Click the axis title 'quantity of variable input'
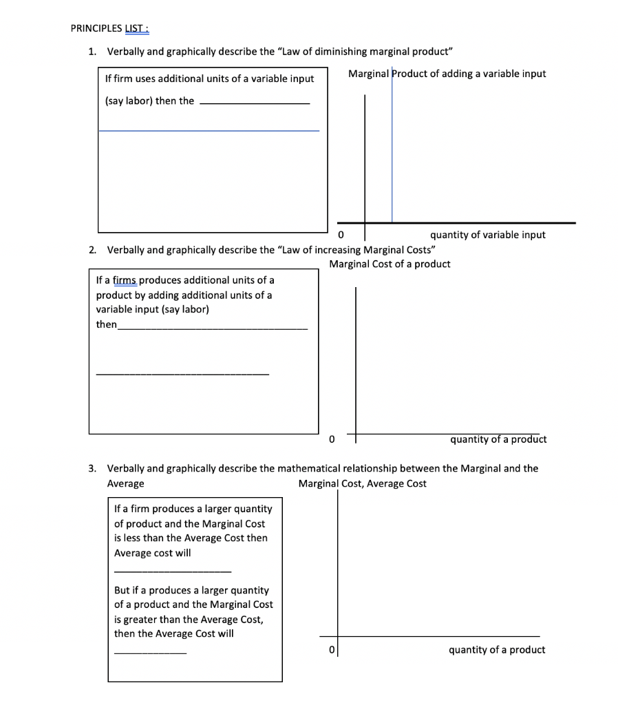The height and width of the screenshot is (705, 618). click(487, 235)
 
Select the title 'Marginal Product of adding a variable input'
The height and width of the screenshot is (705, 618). click(447, 74)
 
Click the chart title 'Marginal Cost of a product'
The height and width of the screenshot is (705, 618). click(390, 264)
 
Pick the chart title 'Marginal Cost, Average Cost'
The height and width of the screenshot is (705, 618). click(362, 483)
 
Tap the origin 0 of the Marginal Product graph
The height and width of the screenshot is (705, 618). click(340, 235)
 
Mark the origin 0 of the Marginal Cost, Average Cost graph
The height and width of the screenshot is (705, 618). click(331, 650)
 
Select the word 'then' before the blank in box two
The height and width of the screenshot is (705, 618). click(106, 324)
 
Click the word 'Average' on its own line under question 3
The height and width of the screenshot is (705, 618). click(125, 483)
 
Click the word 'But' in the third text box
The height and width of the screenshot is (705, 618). click(122, 590)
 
